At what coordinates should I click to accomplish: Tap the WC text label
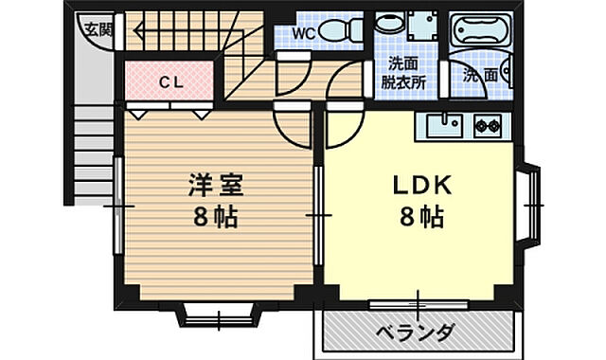[303, 33]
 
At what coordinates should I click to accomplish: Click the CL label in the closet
[170, 81]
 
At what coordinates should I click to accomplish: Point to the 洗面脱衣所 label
[404, 73]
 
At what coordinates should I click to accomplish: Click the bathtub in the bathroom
[480, 31]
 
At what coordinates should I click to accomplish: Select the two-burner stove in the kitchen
[488, 123]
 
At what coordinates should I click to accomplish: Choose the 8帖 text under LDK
[420, 218]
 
